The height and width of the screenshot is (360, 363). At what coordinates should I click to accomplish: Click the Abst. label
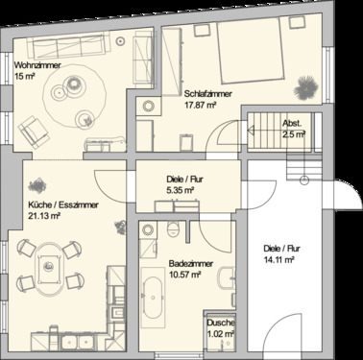[x=291, y=125]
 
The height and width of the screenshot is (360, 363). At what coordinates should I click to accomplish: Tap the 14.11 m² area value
[x=281, y=256]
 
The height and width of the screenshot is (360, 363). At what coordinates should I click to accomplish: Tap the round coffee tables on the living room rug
[x=73, y=87]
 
